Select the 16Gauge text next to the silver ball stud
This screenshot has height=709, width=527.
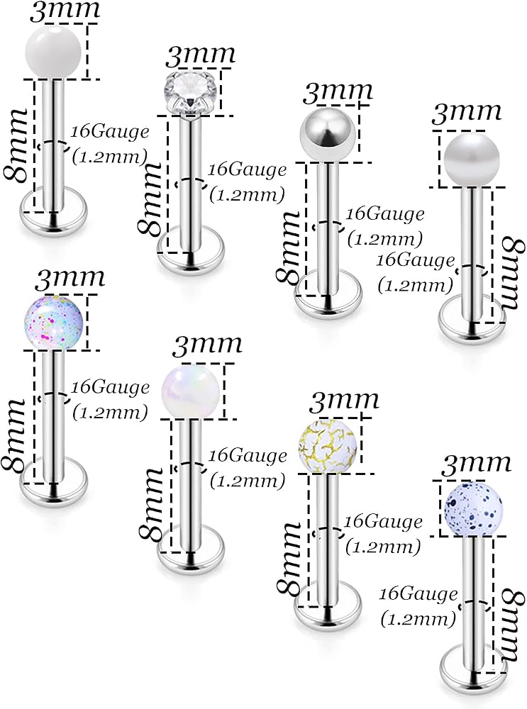(385, 214)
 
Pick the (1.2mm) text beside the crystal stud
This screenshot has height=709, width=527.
(247, 195)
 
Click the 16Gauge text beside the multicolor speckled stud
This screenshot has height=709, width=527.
(111, 388)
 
